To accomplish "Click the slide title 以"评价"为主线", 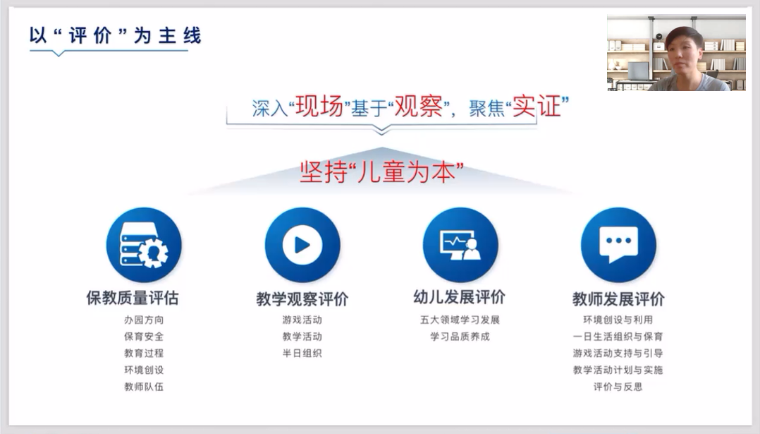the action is point(115,35).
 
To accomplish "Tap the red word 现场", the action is point(319,106).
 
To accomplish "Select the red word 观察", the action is point(418,106).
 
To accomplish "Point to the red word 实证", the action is point(537,106).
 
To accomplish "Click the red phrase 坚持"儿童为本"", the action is point(381,171).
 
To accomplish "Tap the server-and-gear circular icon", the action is point(144,245).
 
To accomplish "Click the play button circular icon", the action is point(302,245).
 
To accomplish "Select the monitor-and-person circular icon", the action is point(460,245).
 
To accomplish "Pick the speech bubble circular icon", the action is point(618,245).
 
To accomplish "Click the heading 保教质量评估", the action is point(133,298).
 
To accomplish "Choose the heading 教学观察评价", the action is point(302,299).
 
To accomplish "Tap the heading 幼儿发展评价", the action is point(460,297).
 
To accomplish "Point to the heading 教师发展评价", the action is point(618,299).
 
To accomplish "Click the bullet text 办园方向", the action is point(144,320).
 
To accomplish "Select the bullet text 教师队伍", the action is point(144,387).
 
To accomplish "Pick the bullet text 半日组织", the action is point(302,353).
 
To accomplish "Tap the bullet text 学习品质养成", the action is point(460,337).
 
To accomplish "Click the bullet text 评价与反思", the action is point(618,387).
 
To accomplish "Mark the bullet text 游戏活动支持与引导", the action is point(618,353).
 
